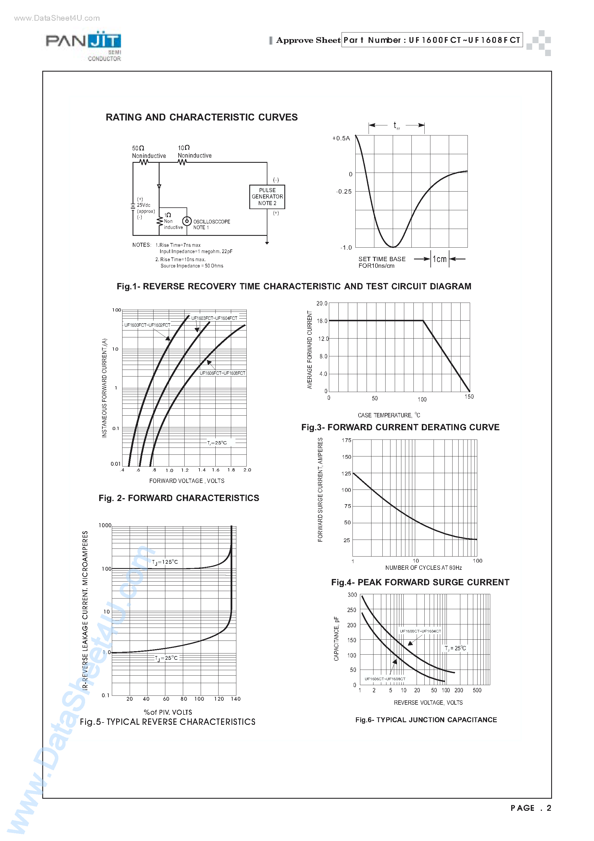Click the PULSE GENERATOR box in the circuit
(x=267, y=197)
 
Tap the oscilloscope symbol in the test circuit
(x=187, y=221)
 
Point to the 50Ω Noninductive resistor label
(x=149, y=152)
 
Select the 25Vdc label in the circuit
(x=143, y=205)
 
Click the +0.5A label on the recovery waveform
(x=341, y=138)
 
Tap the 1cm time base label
(x=439, y=259)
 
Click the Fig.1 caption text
(x=294, y=286)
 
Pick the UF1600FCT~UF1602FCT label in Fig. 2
(x=147, y=325)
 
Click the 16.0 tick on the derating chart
(x=322, y=321)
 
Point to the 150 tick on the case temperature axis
(x=469, y=397)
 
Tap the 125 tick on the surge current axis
(x=346, y=474)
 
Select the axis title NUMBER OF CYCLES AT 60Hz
(x=423, y=568)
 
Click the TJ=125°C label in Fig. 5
(x=165, y=562)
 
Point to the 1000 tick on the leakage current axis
(x=105, y=525)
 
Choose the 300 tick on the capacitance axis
(x=352, y=595)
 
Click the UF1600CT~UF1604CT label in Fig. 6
(x=420, y=631)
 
